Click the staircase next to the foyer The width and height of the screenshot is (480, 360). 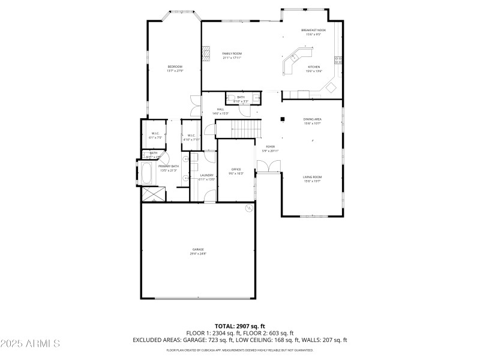(x=246, y=128)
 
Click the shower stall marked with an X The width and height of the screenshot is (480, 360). (x=152, y=194)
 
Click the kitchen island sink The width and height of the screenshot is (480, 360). (x=295, y=58)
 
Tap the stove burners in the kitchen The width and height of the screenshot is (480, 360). (x=338, y=59)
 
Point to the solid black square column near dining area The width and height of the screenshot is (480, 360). (x=281, y=119)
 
